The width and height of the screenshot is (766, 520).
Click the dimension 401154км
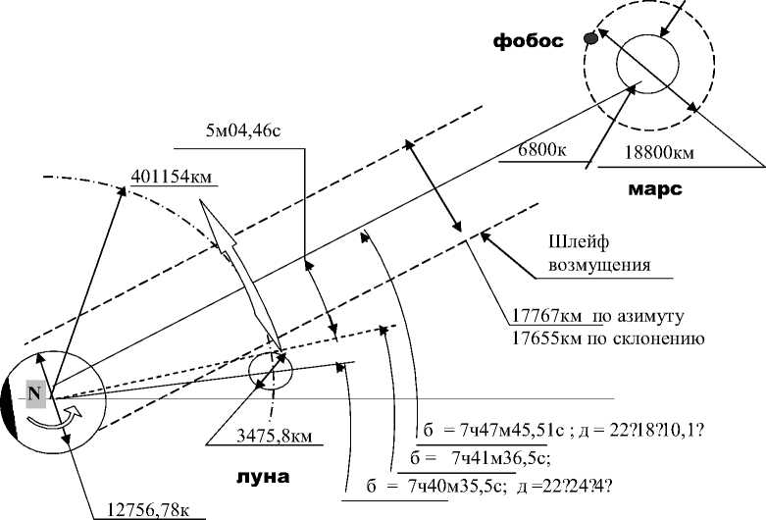[x=172, y=177]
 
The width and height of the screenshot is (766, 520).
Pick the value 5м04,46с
[x=243, y=130]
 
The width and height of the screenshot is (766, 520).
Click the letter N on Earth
[x=35, y=393]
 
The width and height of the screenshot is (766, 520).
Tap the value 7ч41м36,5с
[x=497, y=459]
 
